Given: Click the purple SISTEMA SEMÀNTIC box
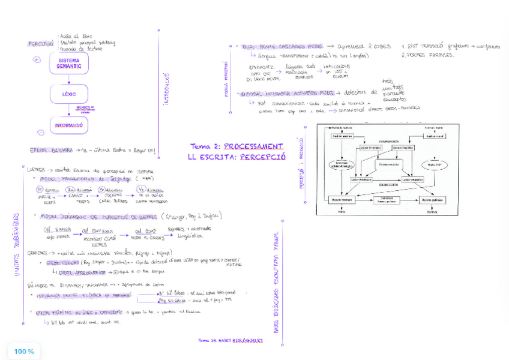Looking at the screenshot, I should (x=69, y=64).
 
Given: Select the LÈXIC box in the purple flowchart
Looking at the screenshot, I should (x=69, y=94).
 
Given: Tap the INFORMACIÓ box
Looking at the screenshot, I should (x=70, y=125).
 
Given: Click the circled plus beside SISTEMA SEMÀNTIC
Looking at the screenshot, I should (x=38, y=60).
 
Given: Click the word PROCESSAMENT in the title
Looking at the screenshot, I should (x=253, y=146).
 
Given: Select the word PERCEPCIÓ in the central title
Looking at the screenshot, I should (x=261, y=157).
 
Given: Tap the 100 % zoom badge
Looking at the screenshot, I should (x=24, y=351).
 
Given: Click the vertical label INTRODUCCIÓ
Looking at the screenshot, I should (x=166, y=91).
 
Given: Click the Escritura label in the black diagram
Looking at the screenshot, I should (x=431, y=211).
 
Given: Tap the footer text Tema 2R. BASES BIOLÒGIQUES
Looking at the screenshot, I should (x=230, y=340).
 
